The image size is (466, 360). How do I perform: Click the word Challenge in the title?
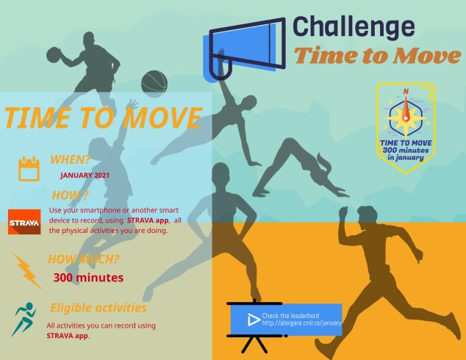[x=354, y=29]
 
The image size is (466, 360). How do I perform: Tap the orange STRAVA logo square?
[x=24, y=222]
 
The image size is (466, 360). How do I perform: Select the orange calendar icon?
[x=29, y=169]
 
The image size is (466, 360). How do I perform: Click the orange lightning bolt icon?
[x=26, y=270]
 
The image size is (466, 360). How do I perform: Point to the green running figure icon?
[x=24, y=319]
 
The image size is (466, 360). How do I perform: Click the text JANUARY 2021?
[x=85, y=176]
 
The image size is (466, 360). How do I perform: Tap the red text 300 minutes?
[x=88, y=278]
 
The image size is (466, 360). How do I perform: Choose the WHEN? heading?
[x=70, y=159]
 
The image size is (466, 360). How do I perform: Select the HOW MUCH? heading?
[x=84, y=259]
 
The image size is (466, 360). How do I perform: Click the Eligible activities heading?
[x=98, y=308]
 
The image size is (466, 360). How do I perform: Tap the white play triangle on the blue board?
[x=254, y=320]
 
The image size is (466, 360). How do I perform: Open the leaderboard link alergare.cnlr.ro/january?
[x=301, y=323]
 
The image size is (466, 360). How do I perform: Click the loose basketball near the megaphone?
[x=154, y=83]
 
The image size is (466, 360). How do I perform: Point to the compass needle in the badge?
[x=406, y=109]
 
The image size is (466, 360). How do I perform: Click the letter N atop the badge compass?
[x=406, y=92]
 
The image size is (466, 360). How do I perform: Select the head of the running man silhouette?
[x=368, y=216]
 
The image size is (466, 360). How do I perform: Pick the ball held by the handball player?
[x=54, y=54]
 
